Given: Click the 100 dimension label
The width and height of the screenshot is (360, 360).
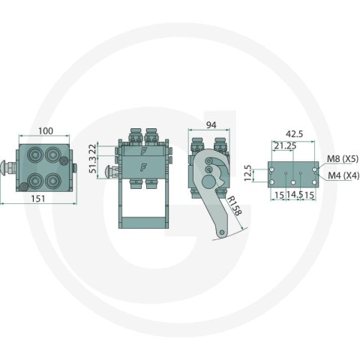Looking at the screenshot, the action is click(x=46, y=130).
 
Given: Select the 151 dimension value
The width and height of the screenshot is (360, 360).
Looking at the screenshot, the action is click(x=38, y=199).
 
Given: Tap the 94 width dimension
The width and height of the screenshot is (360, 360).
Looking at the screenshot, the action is click(x=211, y=125).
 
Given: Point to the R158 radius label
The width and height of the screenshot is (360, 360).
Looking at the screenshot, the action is click(x=234, y=205).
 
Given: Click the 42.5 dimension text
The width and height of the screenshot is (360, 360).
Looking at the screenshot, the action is click(x=294, y=134).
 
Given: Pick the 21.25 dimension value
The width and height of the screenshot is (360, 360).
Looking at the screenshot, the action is click(x=285, y=145).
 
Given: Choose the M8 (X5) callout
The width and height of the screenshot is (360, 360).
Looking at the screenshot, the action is click(x=343, y=159).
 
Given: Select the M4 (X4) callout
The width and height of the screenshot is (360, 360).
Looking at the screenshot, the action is click(x=343, y=175).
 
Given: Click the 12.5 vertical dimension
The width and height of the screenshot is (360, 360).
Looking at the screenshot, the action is click(x=248, y=173).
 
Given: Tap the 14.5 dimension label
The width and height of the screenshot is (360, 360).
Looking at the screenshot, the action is click(x=295, y=195).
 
